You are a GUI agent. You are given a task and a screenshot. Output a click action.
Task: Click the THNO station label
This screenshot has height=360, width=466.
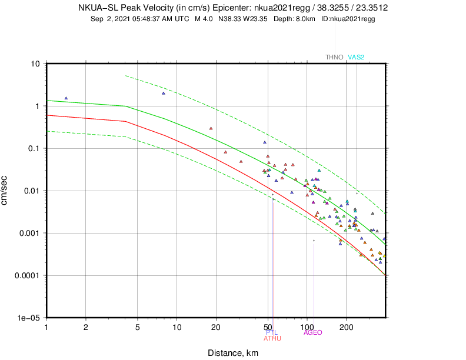click(335, 57)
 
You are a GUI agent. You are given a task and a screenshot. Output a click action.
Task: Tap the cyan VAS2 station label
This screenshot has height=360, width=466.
click(357, 57)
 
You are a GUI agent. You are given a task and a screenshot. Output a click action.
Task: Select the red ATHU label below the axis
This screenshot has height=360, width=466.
click(272, 338)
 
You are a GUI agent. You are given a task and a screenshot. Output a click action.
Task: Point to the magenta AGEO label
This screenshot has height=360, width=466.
click(313, 332)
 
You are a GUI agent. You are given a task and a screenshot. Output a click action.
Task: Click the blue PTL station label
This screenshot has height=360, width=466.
click(272, 332)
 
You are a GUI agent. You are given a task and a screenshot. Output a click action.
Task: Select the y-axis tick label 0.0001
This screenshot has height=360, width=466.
click(26, 275)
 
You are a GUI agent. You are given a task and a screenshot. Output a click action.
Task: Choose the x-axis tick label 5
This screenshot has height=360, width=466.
click(138, 325)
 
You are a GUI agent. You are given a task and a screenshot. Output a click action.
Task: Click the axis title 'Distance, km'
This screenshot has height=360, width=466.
click(232, 353)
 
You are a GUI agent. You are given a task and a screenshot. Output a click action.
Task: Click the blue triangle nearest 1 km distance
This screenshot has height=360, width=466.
click(66, 98)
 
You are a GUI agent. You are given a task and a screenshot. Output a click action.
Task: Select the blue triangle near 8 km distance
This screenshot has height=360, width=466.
click(164, 93)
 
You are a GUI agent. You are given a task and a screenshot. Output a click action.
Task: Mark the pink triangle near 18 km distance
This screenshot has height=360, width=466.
click(211, 128)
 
